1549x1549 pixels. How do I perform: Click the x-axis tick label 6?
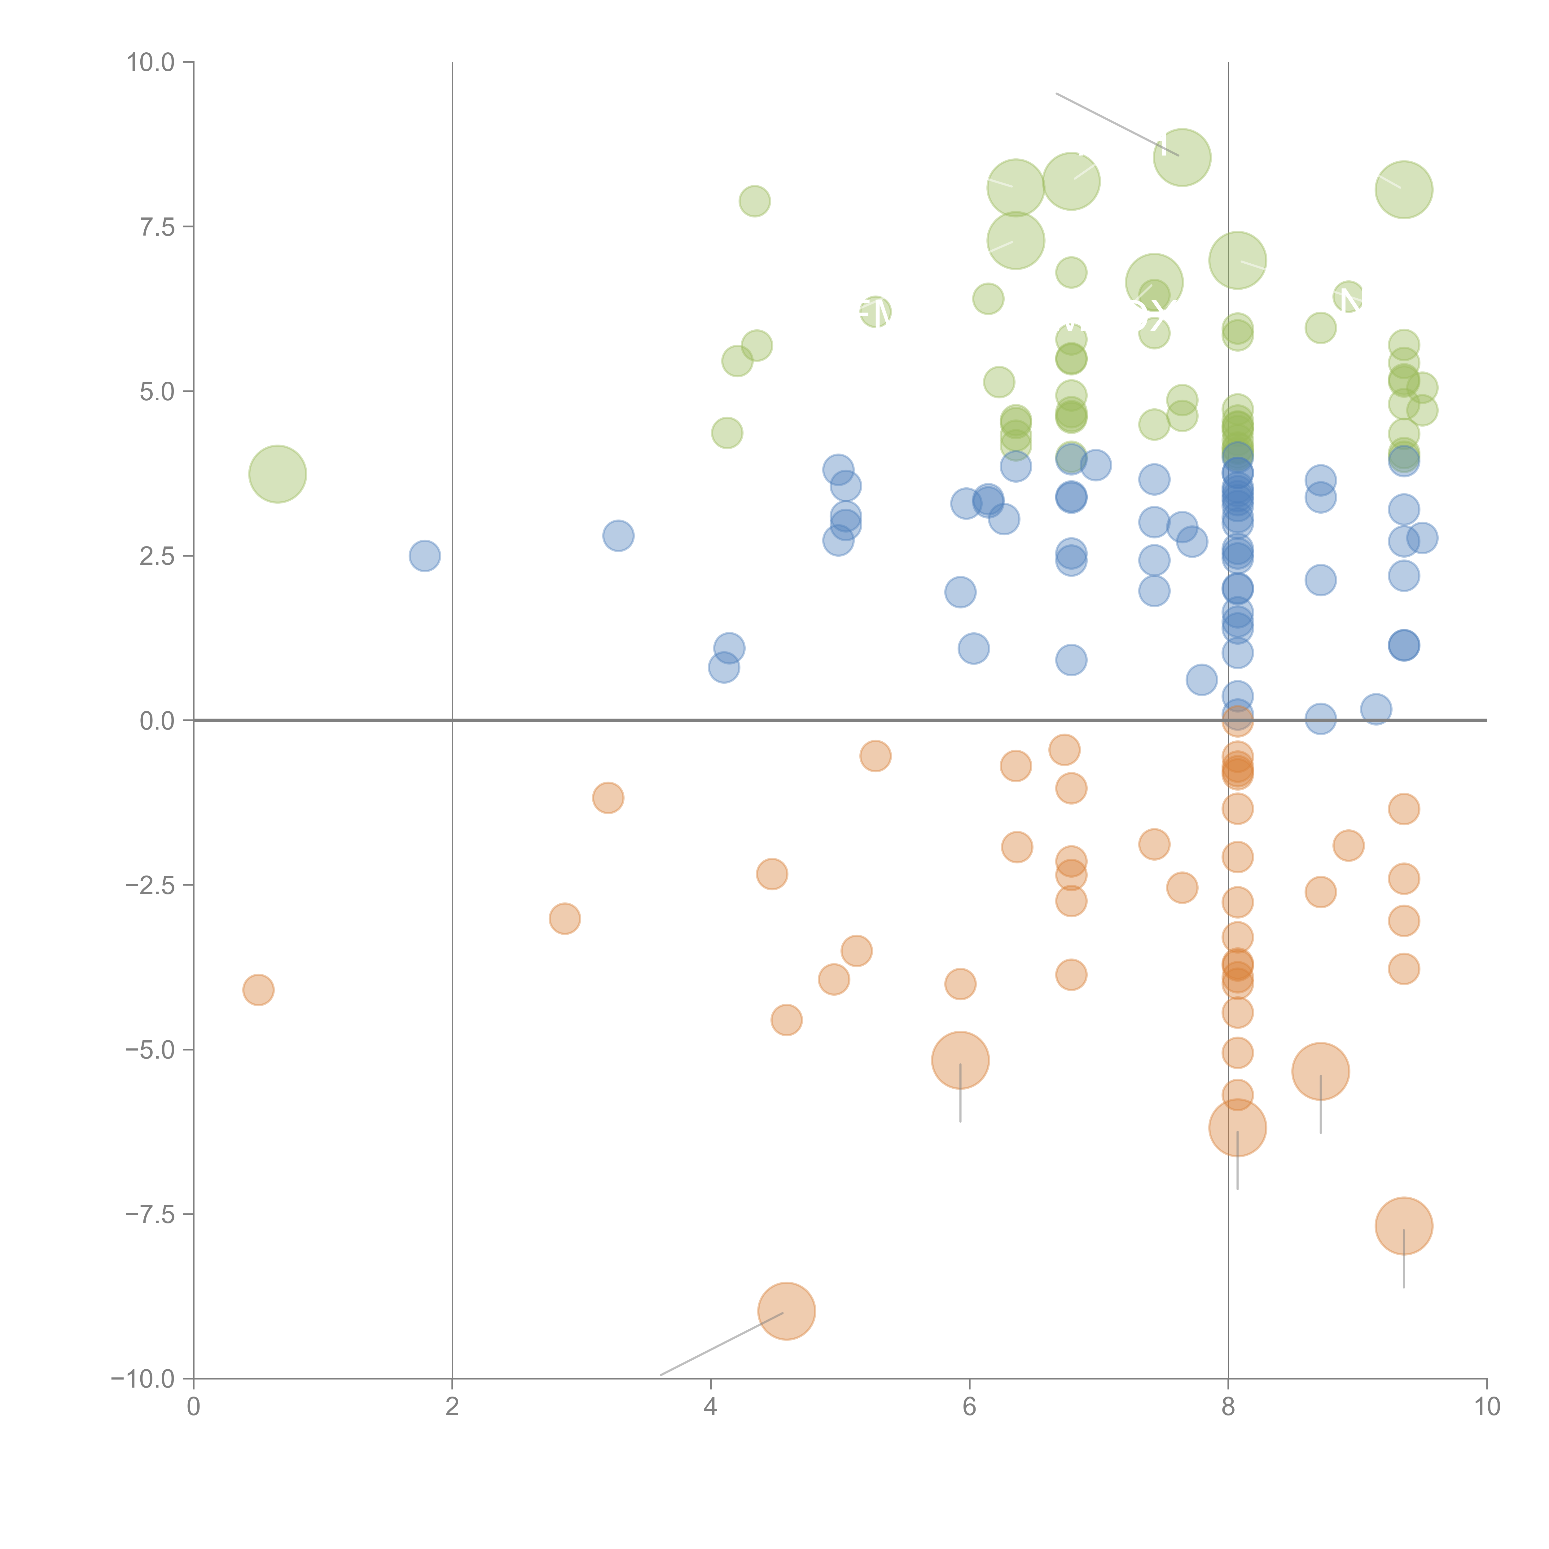tap(969, 1407)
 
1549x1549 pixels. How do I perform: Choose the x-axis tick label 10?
tap(1486, 1407)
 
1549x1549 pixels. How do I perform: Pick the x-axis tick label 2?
tap(452, 1407)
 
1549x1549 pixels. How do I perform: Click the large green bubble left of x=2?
tap(277, 474)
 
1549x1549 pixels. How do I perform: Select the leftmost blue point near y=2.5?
tap(424, 555)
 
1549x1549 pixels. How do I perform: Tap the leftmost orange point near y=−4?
tap(258, 990)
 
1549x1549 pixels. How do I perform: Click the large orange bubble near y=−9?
tap(787, 1311)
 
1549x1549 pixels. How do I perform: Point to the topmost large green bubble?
tap(1182, 157)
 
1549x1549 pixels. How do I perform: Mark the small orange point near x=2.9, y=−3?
tap(564, 919)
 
